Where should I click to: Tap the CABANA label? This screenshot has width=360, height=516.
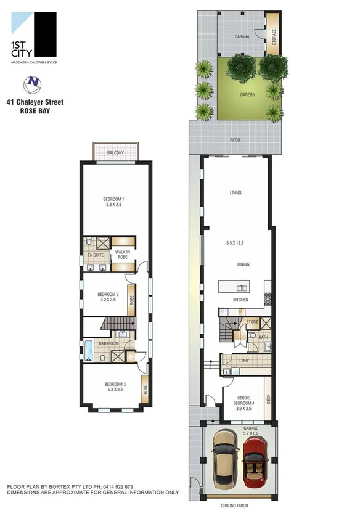click(242, 36)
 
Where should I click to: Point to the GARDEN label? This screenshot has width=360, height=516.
click(247, 96)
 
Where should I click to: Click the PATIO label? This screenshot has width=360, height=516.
click(235, 140)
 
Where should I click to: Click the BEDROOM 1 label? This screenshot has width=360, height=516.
click(113, 199)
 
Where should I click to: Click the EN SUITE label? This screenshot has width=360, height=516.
click(94, 255)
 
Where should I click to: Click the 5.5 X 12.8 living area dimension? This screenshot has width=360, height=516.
click(235, 243)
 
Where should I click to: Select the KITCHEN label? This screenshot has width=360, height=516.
click(240, 300)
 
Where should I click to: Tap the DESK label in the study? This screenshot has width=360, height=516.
click(268, 399)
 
